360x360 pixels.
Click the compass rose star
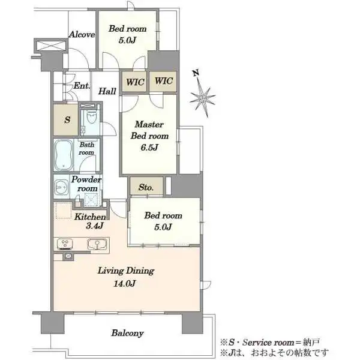click(x=203, y=99)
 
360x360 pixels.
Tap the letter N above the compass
click(x=196, y=73)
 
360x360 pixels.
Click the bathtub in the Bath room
click(x=64, y=155)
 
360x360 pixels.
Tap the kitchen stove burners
click(x=65, y=244)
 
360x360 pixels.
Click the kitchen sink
click(x=97, y=244)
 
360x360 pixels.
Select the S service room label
click(x=67, y=119)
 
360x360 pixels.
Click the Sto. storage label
click(x=146, y=188)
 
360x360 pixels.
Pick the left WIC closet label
click(x=135, y=82)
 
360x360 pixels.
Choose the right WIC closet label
click(x=163, y=81)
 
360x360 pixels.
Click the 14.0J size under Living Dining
click(x=125, y=284)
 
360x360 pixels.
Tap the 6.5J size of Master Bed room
click(x=149, y=148)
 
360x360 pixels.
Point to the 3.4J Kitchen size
click(x=94, y=226)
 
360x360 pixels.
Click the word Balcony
click(x=127, y=333)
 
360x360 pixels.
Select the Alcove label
click(x=82, y=34)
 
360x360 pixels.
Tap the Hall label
click(x=107, y=91)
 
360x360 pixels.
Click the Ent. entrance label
click(x=82, y=86)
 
